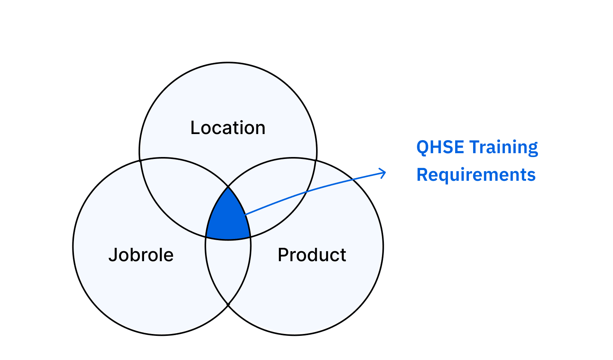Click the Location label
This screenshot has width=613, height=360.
pyautogui.click(x=228, y=128)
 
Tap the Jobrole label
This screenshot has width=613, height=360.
pyautogui.click(x=141, y=255)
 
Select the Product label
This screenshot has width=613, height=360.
pyautogui.click(x=312, y=255)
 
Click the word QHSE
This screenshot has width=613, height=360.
pyautogui.click(x=440, y=147)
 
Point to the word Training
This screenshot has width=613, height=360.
pyautogui.click(x=503, y=147)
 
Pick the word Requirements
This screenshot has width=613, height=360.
pyautogui.click(x=476, y=175)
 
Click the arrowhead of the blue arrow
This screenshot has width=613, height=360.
pyautogui.click(x=384, y=172)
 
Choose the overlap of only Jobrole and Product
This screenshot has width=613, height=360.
pyautogui.click(x=228, y=268)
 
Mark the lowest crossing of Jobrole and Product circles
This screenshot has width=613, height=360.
pyautogui.click(x=228, y=305)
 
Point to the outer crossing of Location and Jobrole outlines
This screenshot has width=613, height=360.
pyautogui.click(x=140, y=161)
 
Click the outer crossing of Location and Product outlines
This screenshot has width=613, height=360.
pyautogui.click(x=316, y=161)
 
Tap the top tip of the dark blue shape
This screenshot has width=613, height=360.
pyautogui.click(x=228, y=188)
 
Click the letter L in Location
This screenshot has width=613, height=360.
pyautogui.click(x=195, y=128)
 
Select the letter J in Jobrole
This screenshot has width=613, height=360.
pyautogui.click(x=112, y=255)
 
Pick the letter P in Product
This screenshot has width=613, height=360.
pyautogui.click(x=283, y=255)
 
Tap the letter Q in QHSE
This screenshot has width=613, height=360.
pyautogui.click(x=423, y=147)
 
